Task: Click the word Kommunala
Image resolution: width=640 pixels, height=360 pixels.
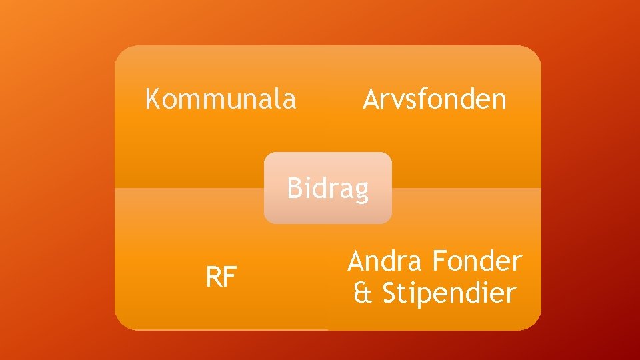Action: (221, 99)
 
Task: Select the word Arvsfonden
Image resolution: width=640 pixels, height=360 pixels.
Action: (435, 99)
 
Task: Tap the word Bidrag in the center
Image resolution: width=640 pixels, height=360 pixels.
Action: (327, 189)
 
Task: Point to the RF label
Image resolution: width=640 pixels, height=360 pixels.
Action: (221, 278)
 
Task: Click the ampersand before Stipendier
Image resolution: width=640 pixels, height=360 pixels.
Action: (362, 293)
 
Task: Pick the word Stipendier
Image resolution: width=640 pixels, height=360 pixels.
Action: (449, 293)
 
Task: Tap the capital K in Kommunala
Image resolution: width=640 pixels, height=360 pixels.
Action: (153, 99)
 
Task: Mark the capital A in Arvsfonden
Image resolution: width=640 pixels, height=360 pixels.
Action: (371, 99)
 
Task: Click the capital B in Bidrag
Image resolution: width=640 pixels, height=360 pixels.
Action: (294, 189)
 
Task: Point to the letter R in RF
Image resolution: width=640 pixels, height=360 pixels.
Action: (214, 278)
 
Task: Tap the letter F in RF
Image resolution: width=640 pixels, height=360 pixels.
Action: (231, 278)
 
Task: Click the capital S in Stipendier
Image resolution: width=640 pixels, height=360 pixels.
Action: (390, 293)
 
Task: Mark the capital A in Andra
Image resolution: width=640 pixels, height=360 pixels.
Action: (356, 261)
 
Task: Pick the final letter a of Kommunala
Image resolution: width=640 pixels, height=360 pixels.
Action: (289, 101)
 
